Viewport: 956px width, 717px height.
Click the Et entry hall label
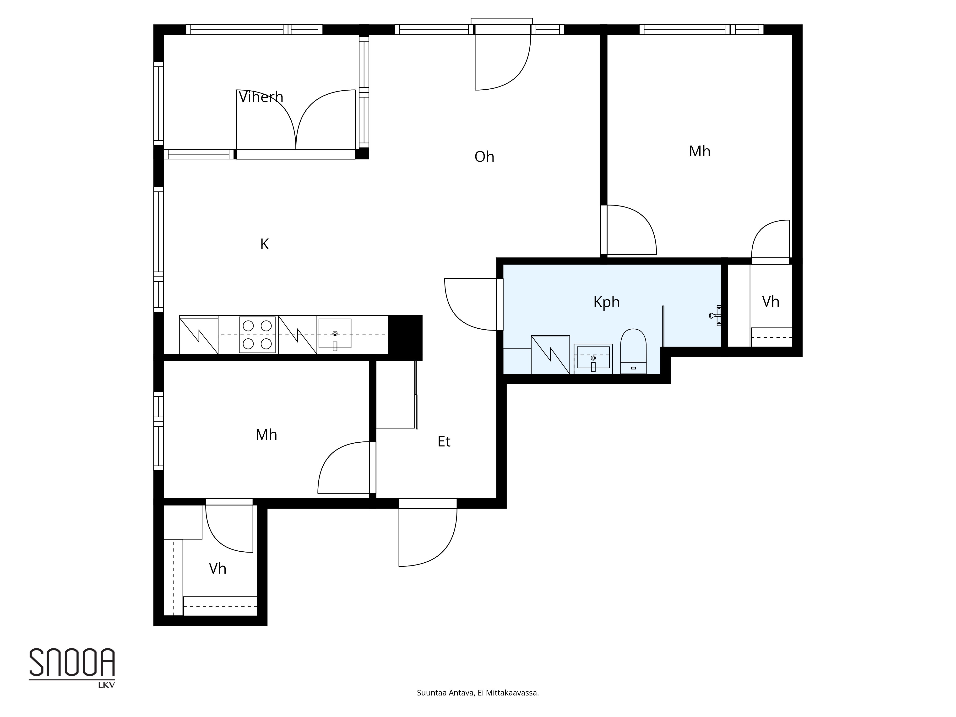coord(444,441)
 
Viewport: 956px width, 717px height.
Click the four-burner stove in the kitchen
coord(257,335)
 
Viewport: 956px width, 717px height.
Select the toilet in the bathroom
coord(633,351)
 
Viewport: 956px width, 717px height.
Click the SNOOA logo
coord(72,662)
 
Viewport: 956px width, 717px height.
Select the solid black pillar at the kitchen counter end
coord(405,337)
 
